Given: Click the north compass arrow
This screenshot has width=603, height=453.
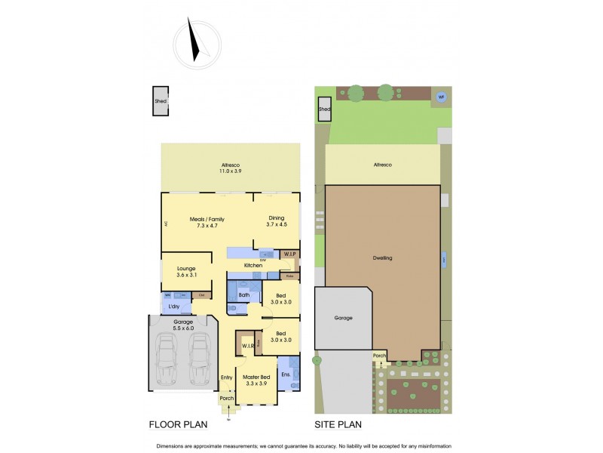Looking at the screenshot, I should pos(195,42).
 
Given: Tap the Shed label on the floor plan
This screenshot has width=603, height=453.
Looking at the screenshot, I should pos(160,100).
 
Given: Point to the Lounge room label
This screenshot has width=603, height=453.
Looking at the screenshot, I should pos(186,271).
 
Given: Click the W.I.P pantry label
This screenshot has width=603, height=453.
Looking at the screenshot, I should pos(290,254).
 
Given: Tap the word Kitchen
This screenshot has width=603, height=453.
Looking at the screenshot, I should pos(253,265).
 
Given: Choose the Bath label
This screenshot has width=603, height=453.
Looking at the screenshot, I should pos(244,285).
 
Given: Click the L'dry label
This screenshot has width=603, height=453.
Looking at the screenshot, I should pos(174,307).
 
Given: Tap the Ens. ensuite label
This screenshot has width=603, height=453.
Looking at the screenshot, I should pos(286,374).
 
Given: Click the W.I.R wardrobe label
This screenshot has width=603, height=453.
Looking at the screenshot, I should pos(246,347).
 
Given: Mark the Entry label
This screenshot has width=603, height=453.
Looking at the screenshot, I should pos(226,377).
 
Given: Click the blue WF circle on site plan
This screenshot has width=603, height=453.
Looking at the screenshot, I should pos(441,97).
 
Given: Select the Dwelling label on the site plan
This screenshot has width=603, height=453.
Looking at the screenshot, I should pos(382,257).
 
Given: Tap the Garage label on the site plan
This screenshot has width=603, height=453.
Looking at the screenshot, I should pos(343,318).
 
